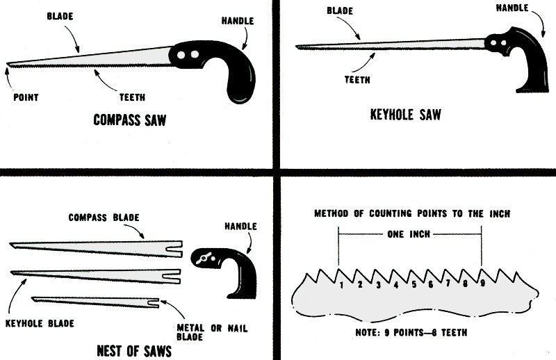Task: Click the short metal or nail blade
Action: [97, 301]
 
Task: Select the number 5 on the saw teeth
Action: [414, 284]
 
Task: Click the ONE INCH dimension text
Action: [410, 235]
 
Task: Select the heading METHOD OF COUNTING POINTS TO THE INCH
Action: [412, 213]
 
